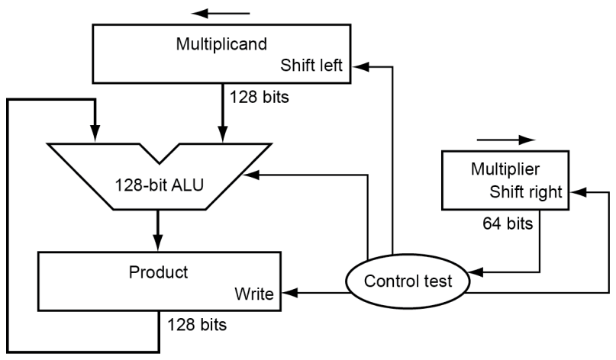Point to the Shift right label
click(526, 192)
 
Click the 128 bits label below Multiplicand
click(259, 98)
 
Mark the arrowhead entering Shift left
click(356, 67)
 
